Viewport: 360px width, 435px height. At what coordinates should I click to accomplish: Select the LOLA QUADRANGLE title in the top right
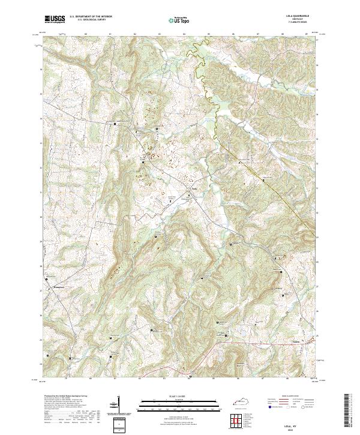pos(300,16)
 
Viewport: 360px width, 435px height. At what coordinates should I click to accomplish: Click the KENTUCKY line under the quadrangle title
pos(300,19)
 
